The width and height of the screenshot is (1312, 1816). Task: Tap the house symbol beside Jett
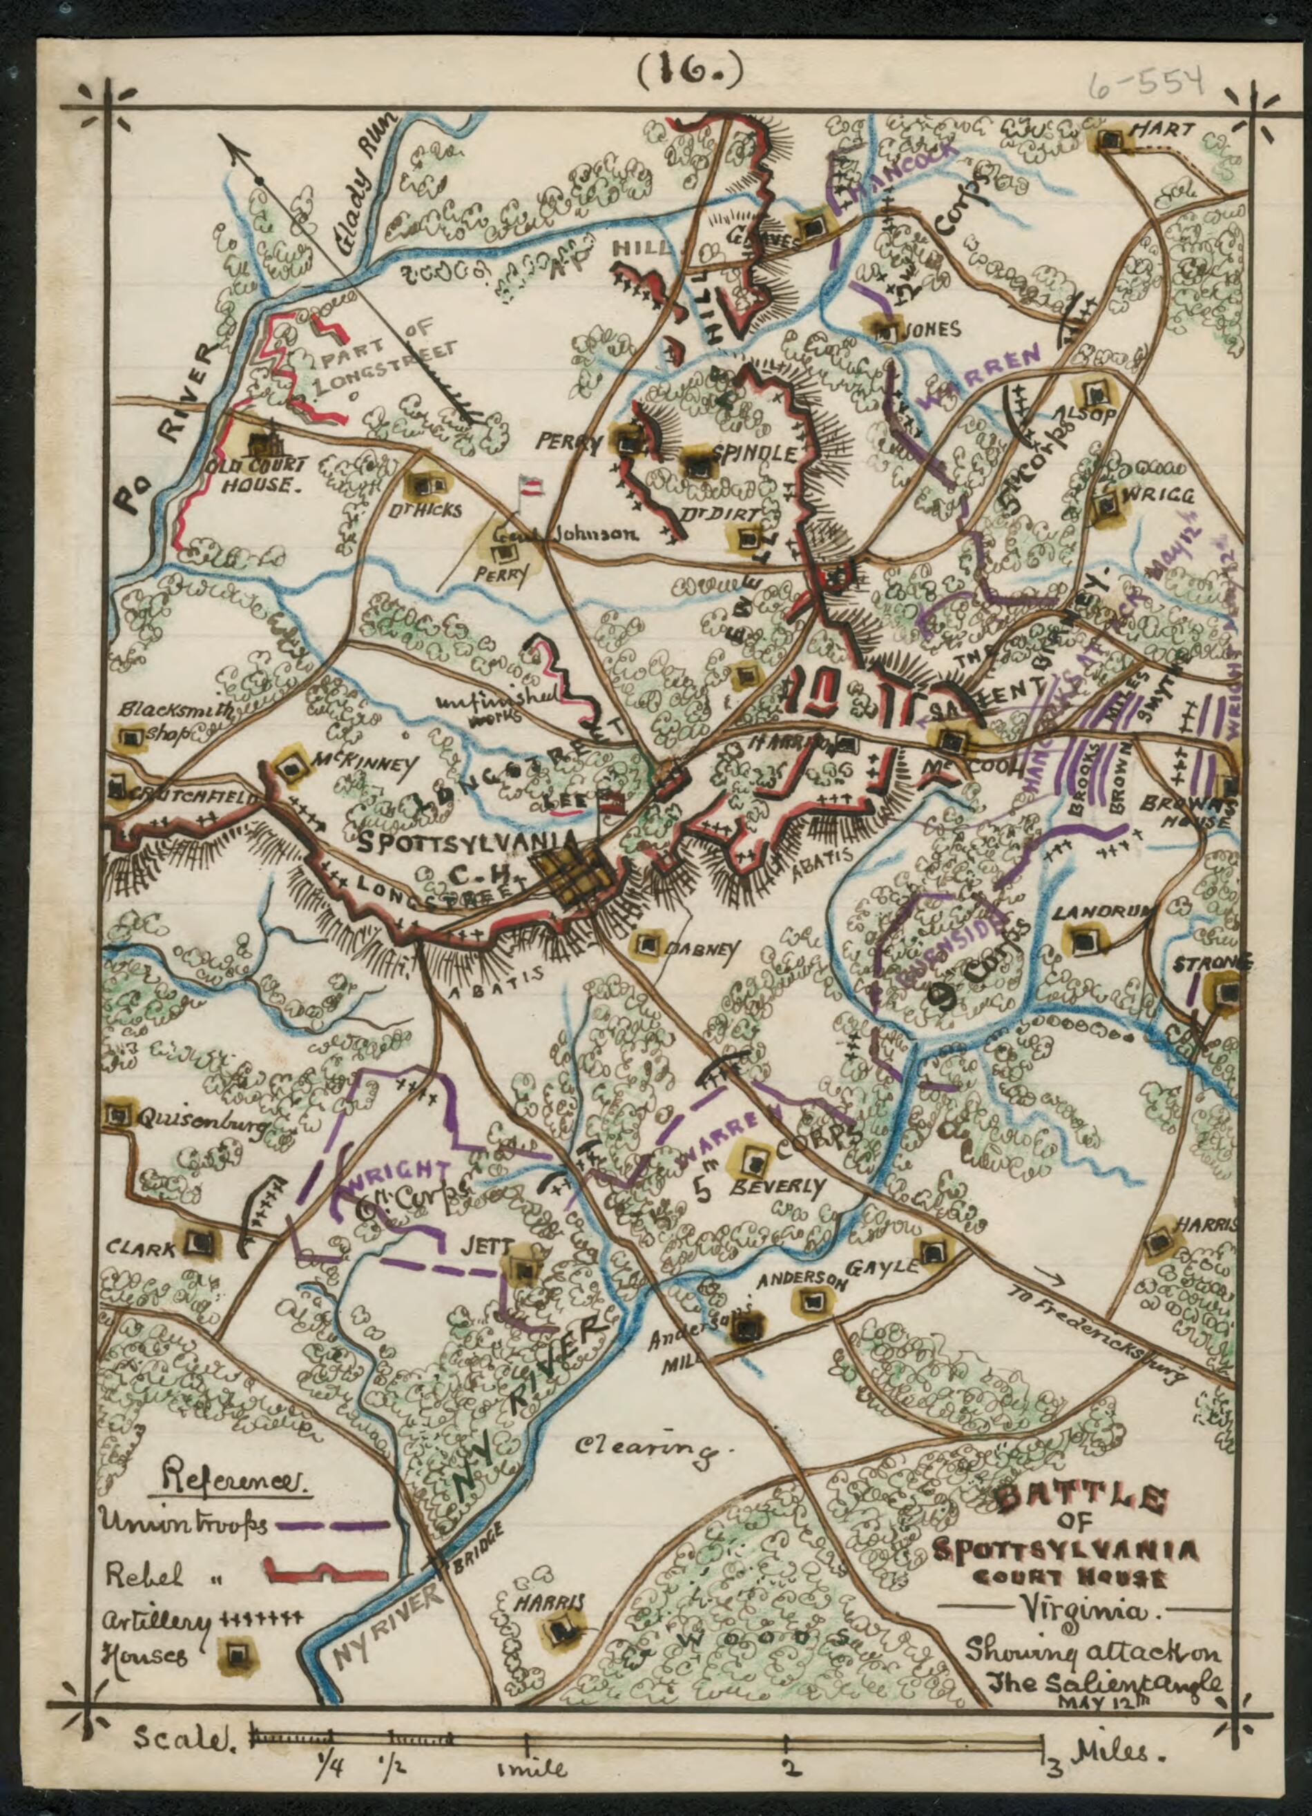tap(525, 1270)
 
